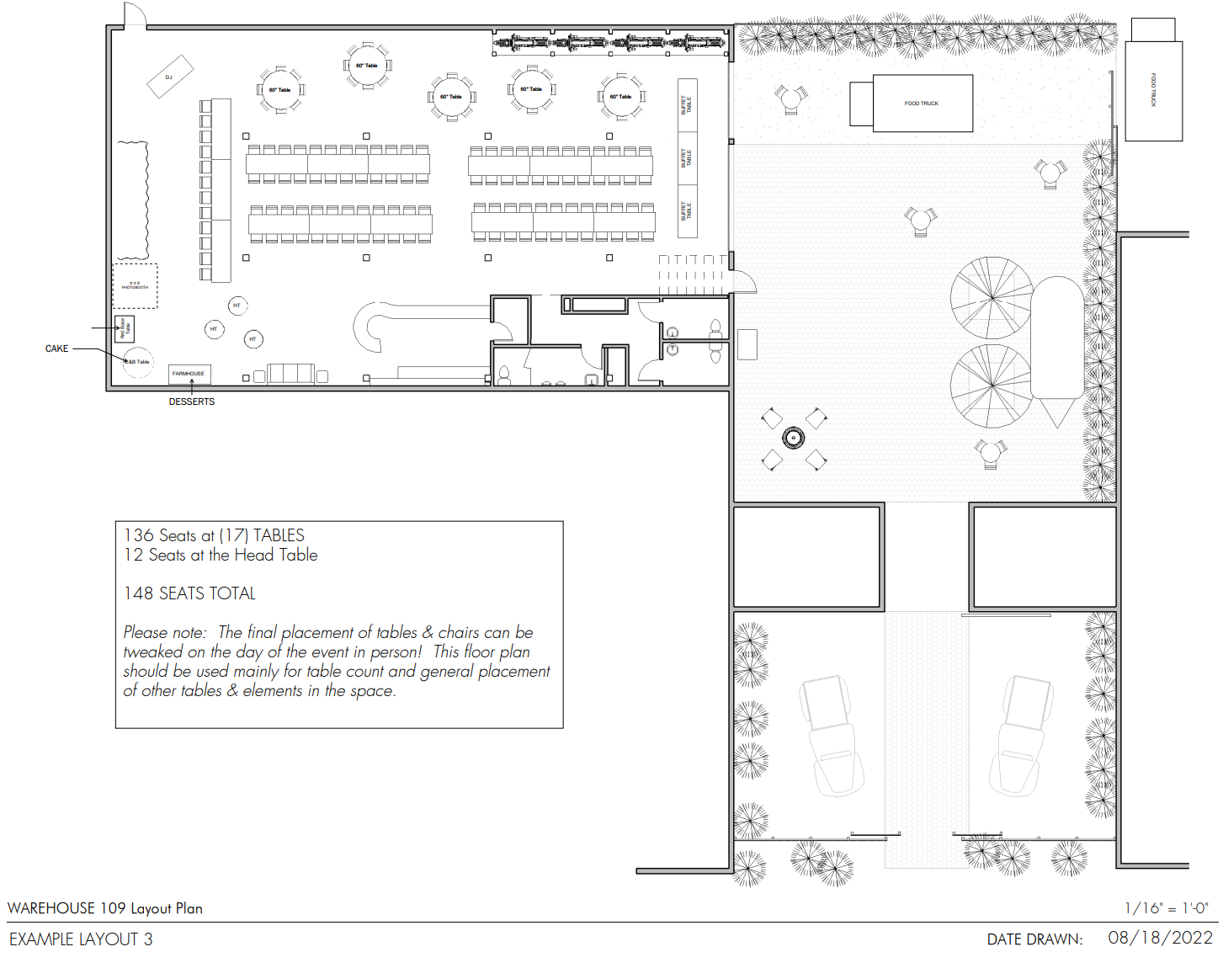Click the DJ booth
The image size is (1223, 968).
(170, 77)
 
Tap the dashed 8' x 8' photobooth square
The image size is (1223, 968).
(135, 286)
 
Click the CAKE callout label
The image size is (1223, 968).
(56, 348)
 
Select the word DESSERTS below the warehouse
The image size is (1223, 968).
(192, 402)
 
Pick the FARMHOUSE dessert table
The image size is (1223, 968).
(189, 374)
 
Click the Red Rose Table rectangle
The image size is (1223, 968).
(125, 329)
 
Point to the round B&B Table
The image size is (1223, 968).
(138, 362)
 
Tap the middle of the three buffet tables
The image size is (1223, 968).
(688, 157)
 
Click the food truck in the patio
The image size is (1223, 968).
(922, 104)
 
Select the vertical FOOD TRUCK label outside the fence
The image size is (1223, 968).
(1154, 90)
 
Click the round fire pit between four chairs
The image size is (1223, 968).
(793, 438)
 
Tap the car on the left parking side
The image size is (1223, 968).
(832, 735)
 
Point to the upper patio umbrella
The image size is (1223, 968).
(992, 297)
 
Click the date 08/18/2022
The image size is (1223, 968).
(1160, 938)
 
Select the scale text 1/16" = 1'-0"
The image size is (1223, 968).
(1166, 908)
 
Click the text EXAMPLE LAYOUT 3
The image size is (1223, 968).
(81, 939)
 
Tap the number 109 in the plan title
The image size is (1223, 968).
(113, 908)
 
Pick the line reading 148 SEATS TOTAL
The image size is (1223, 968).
(189, 593)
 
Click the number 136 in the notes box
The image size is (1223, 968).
(139, 535)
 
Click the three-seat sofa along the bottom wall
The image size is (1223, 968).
(291, 373)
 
